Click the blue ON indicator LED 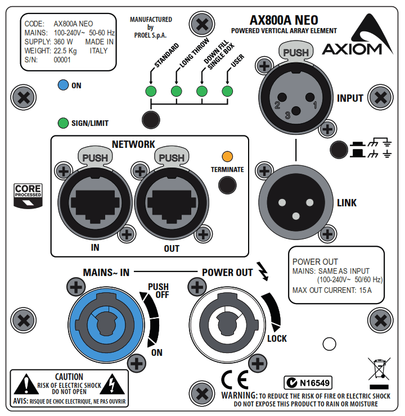[x=63, y=85]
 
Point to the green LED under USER [x=227, y=92]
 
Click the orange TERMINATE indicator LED [x=227, y=156]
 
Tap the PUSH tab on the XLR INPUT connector [x=295, y=53]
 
